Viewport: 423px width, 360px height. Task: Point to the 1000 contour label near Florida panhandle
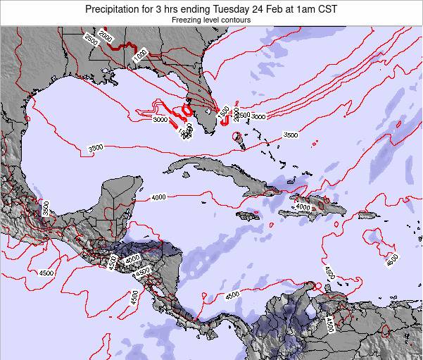coord(140,54)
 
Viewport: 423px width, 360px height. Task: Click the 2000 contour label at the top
coord(106,37)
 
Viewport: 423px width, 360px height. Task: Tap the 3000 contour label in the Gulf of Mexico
coord(160,120)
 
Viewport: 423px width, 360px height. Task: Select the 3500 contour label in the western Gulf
coord(96,147)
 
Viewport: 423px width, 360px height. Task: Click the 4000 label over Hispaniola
coord(303,206)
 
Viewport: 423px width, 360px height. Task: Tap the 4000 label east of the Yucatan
coord(158,197)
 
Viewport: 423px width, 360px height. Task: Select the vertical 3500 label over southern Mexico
coord(46,209)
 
